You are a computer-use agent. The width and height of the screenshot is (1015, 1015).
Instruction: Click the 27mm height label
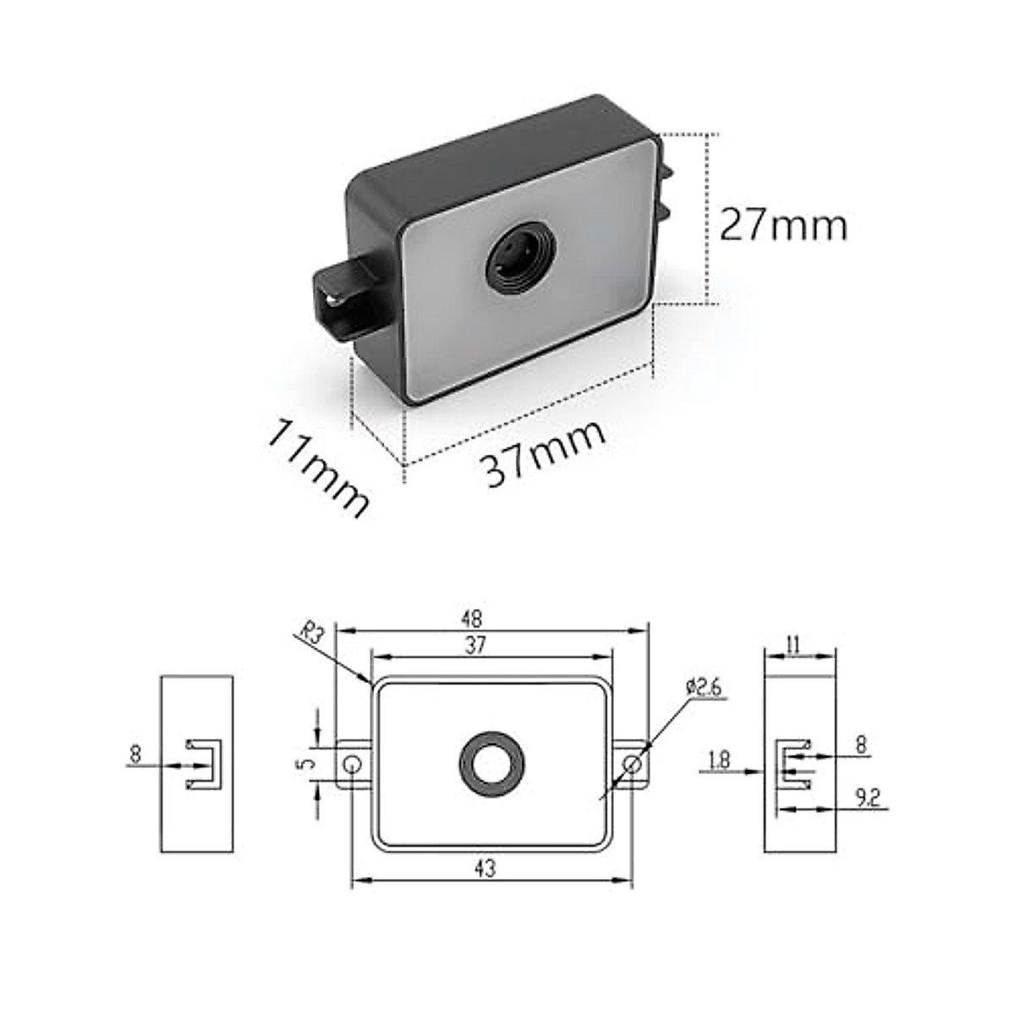782,225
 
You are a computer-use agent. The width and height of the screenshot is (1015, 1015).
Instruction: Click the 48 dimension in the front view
493,618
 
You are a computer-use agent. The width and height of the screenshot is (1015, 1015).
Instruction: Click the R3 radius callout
313,634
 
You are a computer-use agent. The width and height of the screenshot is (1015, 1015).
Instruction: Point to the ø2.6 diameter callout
704,687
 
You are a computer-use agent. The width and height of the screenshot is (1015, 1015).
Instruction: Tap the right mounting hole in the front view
631,765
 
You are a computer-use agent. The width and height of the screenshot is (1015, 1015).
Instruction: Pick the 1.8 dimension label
719,760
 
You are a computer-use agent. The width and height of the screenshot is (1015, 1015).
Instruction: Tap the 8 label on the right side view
861,745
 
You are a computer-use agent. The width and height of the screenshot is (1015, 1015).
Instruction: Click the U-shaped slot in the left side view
203,765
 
